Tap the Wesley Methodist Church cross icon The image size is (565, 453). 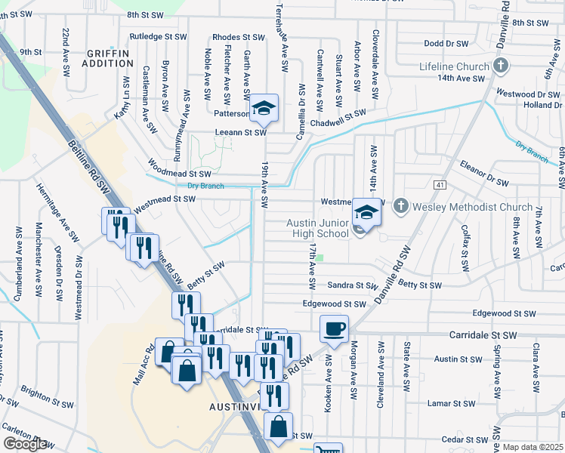[x=401, y=205]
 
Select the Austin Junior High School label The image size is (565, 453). [x=317, y=228]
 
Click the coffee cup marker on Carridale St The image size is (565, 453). [x=334, y=328]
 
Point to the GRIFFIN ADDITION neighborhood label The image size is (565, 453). [x=110, y=57]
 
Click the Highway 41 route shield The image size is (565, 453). [x=440, y=185]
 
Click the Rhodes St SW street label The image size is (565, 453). [x=238, y=36]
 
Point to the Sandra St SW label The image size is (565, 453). [x=352, y=285]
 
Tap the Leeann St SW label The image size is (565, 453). [x=242, y=132]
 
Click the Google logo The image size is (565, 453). [x=25, y=444]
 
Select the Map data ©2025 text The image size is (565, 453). [x=533, y=447]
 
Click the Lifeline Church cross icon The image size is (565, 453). [x=499, y=66]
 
